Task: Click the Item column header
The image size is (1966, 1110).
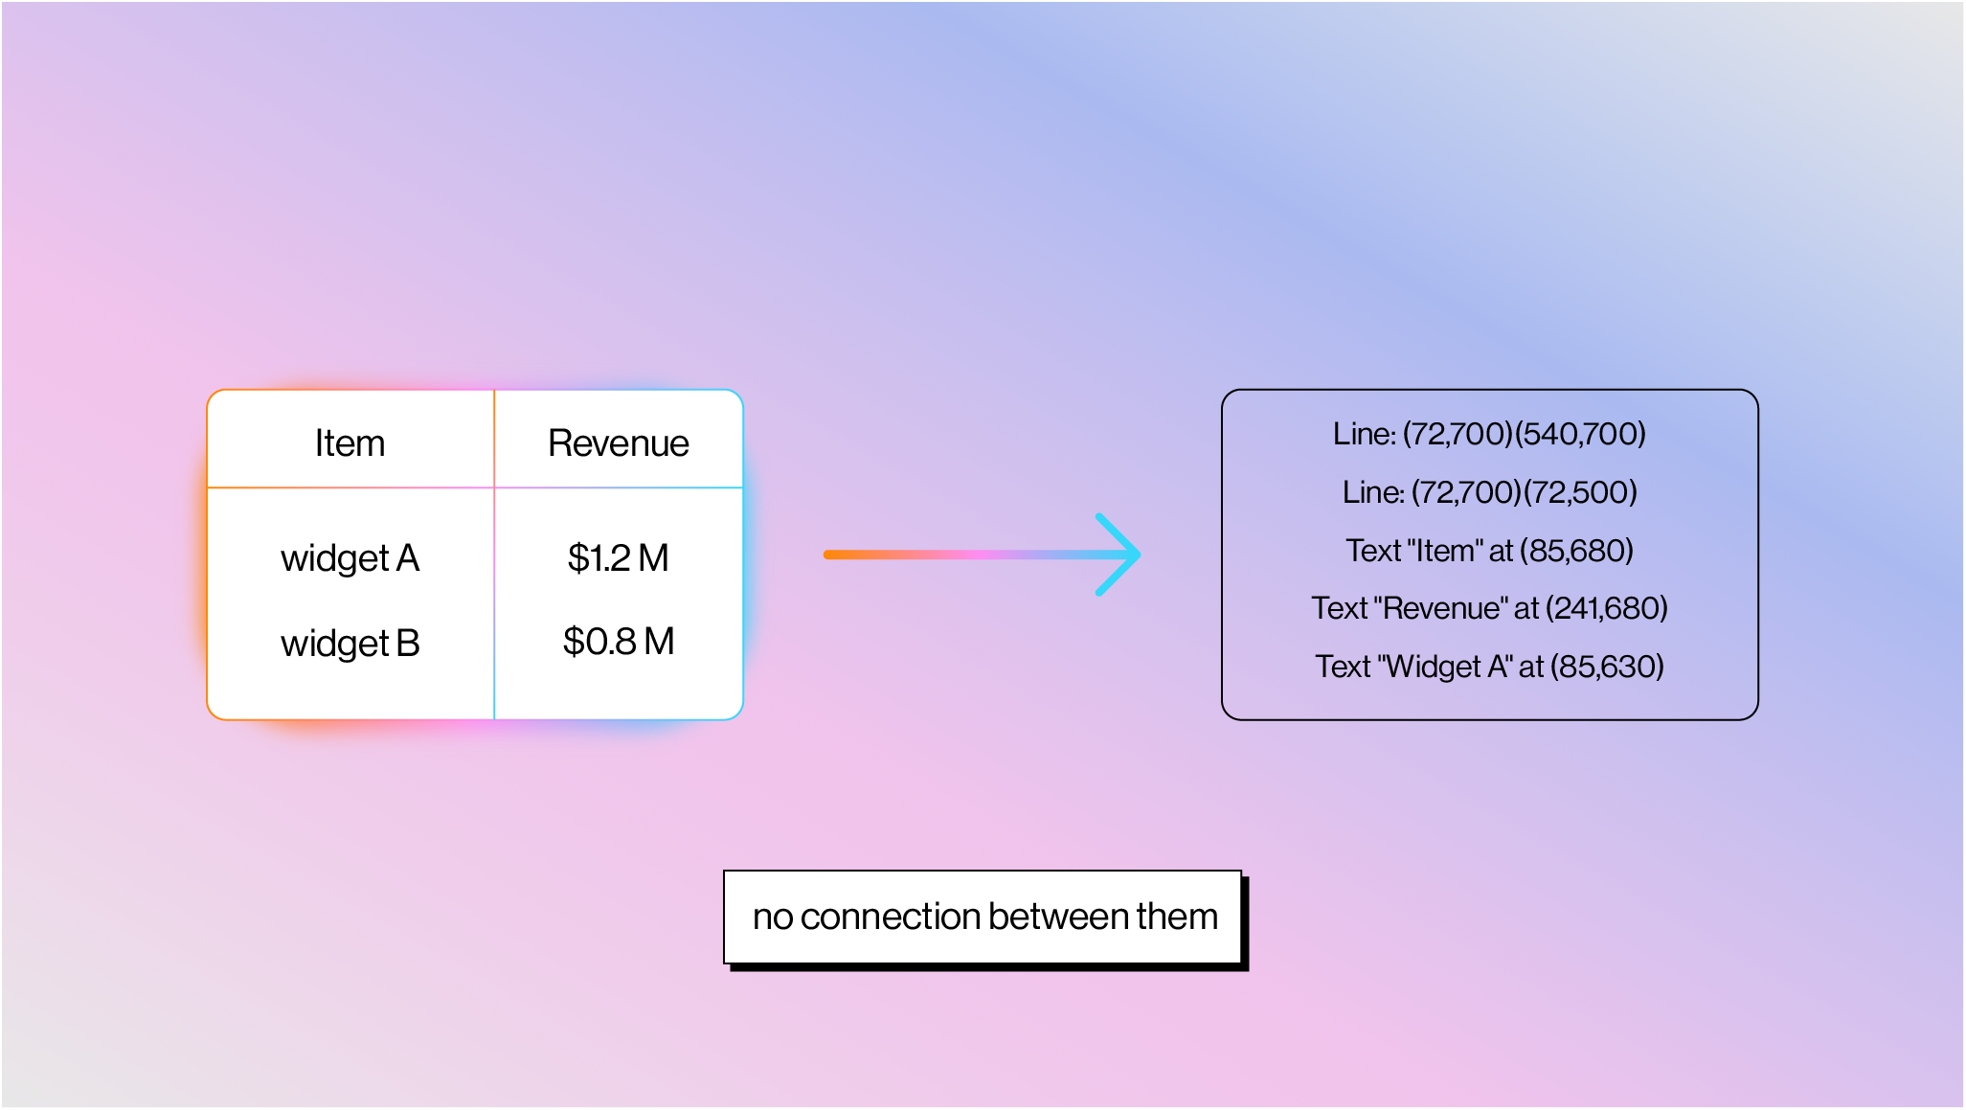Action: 350,443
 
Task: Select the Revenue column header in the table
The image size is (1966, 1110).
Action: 618,443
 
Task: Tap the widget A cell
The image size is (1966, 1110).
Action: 350,557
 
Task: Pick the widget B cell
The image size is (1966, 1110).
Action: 350,643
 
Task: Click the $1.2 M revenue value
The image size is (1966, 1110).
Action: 618,557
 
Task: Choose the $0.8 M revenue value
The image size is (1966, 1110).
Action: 618,642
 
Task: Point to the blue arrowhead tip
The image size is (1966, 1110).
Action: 1137,555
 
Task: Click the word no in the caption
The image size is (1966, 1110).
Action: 773,917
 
